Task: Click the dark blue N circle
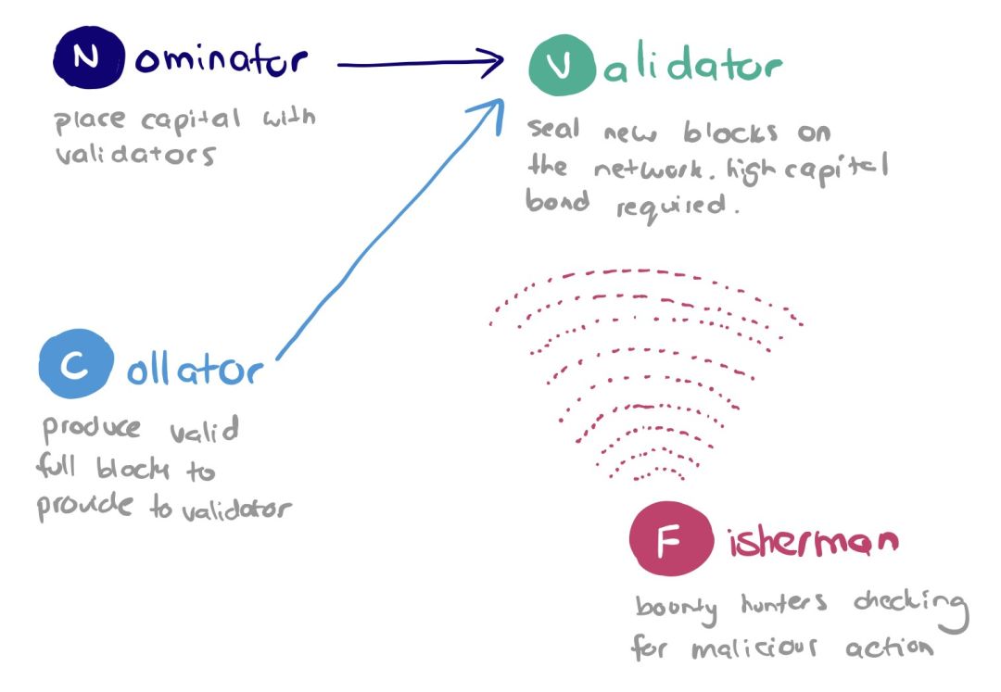(89, 57)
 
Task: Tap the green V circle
(563, 65)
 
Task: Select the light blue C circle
(76, 363)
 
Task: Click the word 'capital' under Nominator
(191, 120)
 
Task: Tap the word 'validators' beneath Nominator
(135, 155)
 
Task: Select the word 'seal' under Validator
(553, 128)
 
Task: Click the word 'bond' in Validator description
(557, 200)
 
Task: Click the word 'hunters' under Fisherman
(784, 603)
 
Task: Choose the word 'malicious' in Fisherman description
(754, 648)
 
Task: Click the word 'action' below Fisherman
(889, 648)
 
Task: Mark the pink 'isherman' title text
(814, 542)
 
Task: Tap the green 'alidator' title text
(692, 63)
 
